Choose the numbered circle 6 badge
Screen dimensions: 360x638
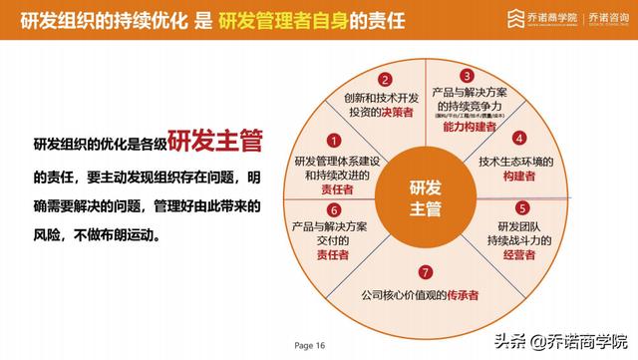point(334,210)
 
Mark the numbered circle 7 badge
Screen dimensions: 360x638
point(426,271)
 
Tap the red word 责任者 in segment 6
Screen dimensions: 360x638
point(333,255)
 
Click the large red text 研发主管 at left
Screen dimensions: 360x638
point(214,142)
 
